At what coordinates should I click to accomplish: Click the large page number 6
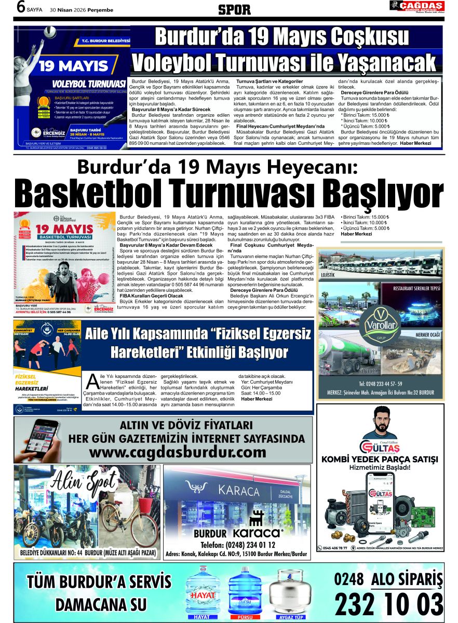tap(20, 7)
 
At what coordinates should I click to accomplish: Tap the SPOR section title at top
tap(234, 9)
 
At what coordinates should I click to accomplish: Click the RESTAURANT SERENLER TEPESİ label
tap(416, 288)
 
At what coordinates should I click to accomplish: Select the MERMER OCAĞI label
tap(427, 335)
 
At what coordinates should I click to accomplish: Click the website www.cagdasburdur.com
tap(177, 452)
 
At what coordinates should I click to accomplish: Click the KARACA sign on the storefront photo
tap(238, 490)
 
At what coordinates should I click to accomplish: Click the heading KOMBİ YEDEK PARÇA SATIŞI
tap(380, 459)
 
